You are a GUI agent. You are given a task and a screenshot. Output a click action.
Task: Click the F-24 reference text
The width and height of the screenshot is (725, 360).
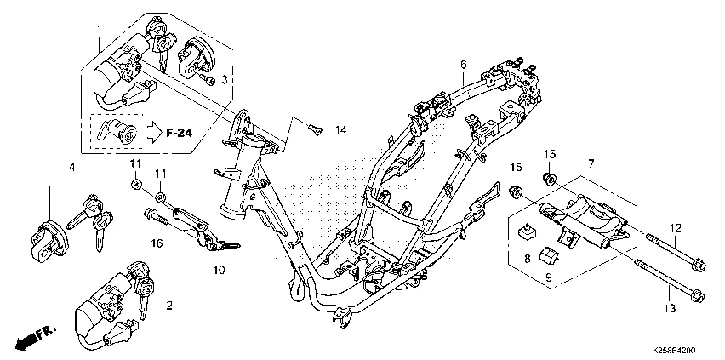click(x=179, y=134)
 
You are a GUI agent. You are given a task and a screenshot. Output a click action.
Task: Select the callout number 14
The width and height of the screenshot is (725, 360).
click(x=340, y=130)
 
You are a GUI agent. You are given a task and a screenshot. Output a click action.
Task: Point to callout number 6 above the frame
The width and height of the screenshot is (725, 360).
click(x=463, y=66)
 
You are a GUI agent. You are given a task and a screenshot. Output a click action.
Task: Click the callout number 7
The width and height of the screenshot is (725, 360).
click(x=591, y=163)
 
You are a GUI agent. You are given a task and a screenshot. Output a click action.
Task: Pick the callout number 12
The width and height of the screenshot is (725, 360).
click(x=676, y=228)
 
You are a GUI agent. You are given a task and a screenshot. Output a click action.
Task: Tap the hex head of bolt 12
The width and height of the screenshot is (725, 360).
click(x=699, y=266)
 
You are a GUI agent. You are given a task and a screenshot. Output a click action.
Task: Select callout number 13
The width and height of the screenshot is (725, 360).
click(x=670, y=308)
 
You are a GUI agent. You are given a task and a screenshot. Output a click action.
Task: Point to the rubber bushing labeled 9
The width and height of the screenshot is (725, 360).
click(x=550, y=255)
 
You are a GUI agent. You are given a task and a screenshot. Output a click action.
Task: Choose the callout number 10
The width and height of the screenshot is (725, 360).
click(x=220, y=270)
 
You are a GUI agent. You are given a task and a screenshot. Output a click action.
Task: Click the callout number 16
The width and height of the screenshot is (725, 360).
click(x=157, y=242)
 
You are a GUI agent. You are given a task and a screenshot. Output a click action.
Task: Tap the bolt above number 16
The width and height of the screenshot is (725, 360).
click(x=156, y=216)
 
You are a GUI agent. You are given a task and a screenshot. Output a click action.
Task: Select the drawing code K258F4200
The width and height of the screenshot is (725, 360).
click(x=674, y=351)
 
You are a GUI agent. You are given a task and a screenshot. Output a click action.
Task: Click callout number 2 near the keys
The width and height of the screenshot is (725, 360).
click(x=168, y=306)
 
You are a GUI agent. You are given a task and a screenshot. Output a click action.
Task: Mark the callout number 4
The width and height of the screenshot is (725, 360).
click(x=71, y=166)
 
